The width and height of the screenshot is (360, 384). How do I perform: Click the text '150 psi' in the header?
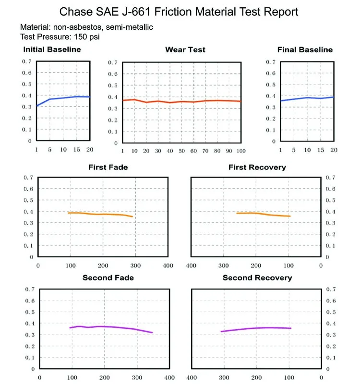(87, 36)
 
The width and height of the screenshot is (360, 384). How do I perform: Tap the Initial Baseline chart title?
(52, 49)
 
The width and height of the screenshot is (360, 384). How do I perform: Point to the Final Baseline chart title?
(305, 49)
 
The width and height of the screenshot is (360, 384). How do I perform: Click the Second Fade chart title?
(108, 277)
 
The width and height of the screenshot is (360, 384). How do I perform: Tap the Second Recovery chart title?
(257, 277)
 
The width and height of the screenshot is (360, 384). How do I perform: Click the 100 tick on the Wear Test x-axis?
(240, 151)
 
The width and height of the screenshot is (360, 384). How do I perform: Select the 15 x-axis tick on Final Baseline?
(321, 150)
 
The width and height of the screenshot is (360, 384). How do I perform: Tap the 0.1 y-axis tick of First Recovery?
(331, 246)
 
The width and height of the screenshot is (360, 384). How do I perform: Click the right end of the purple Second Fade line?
(152, 333)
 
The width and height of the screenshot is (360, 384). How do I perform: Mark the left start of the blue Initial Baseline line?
(37, 106)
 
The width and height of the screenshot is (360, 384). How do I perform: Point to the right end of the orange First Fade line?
(132, 217)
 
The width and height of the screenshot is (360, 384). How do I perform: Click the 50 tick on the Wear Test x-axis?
(181, 151)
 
